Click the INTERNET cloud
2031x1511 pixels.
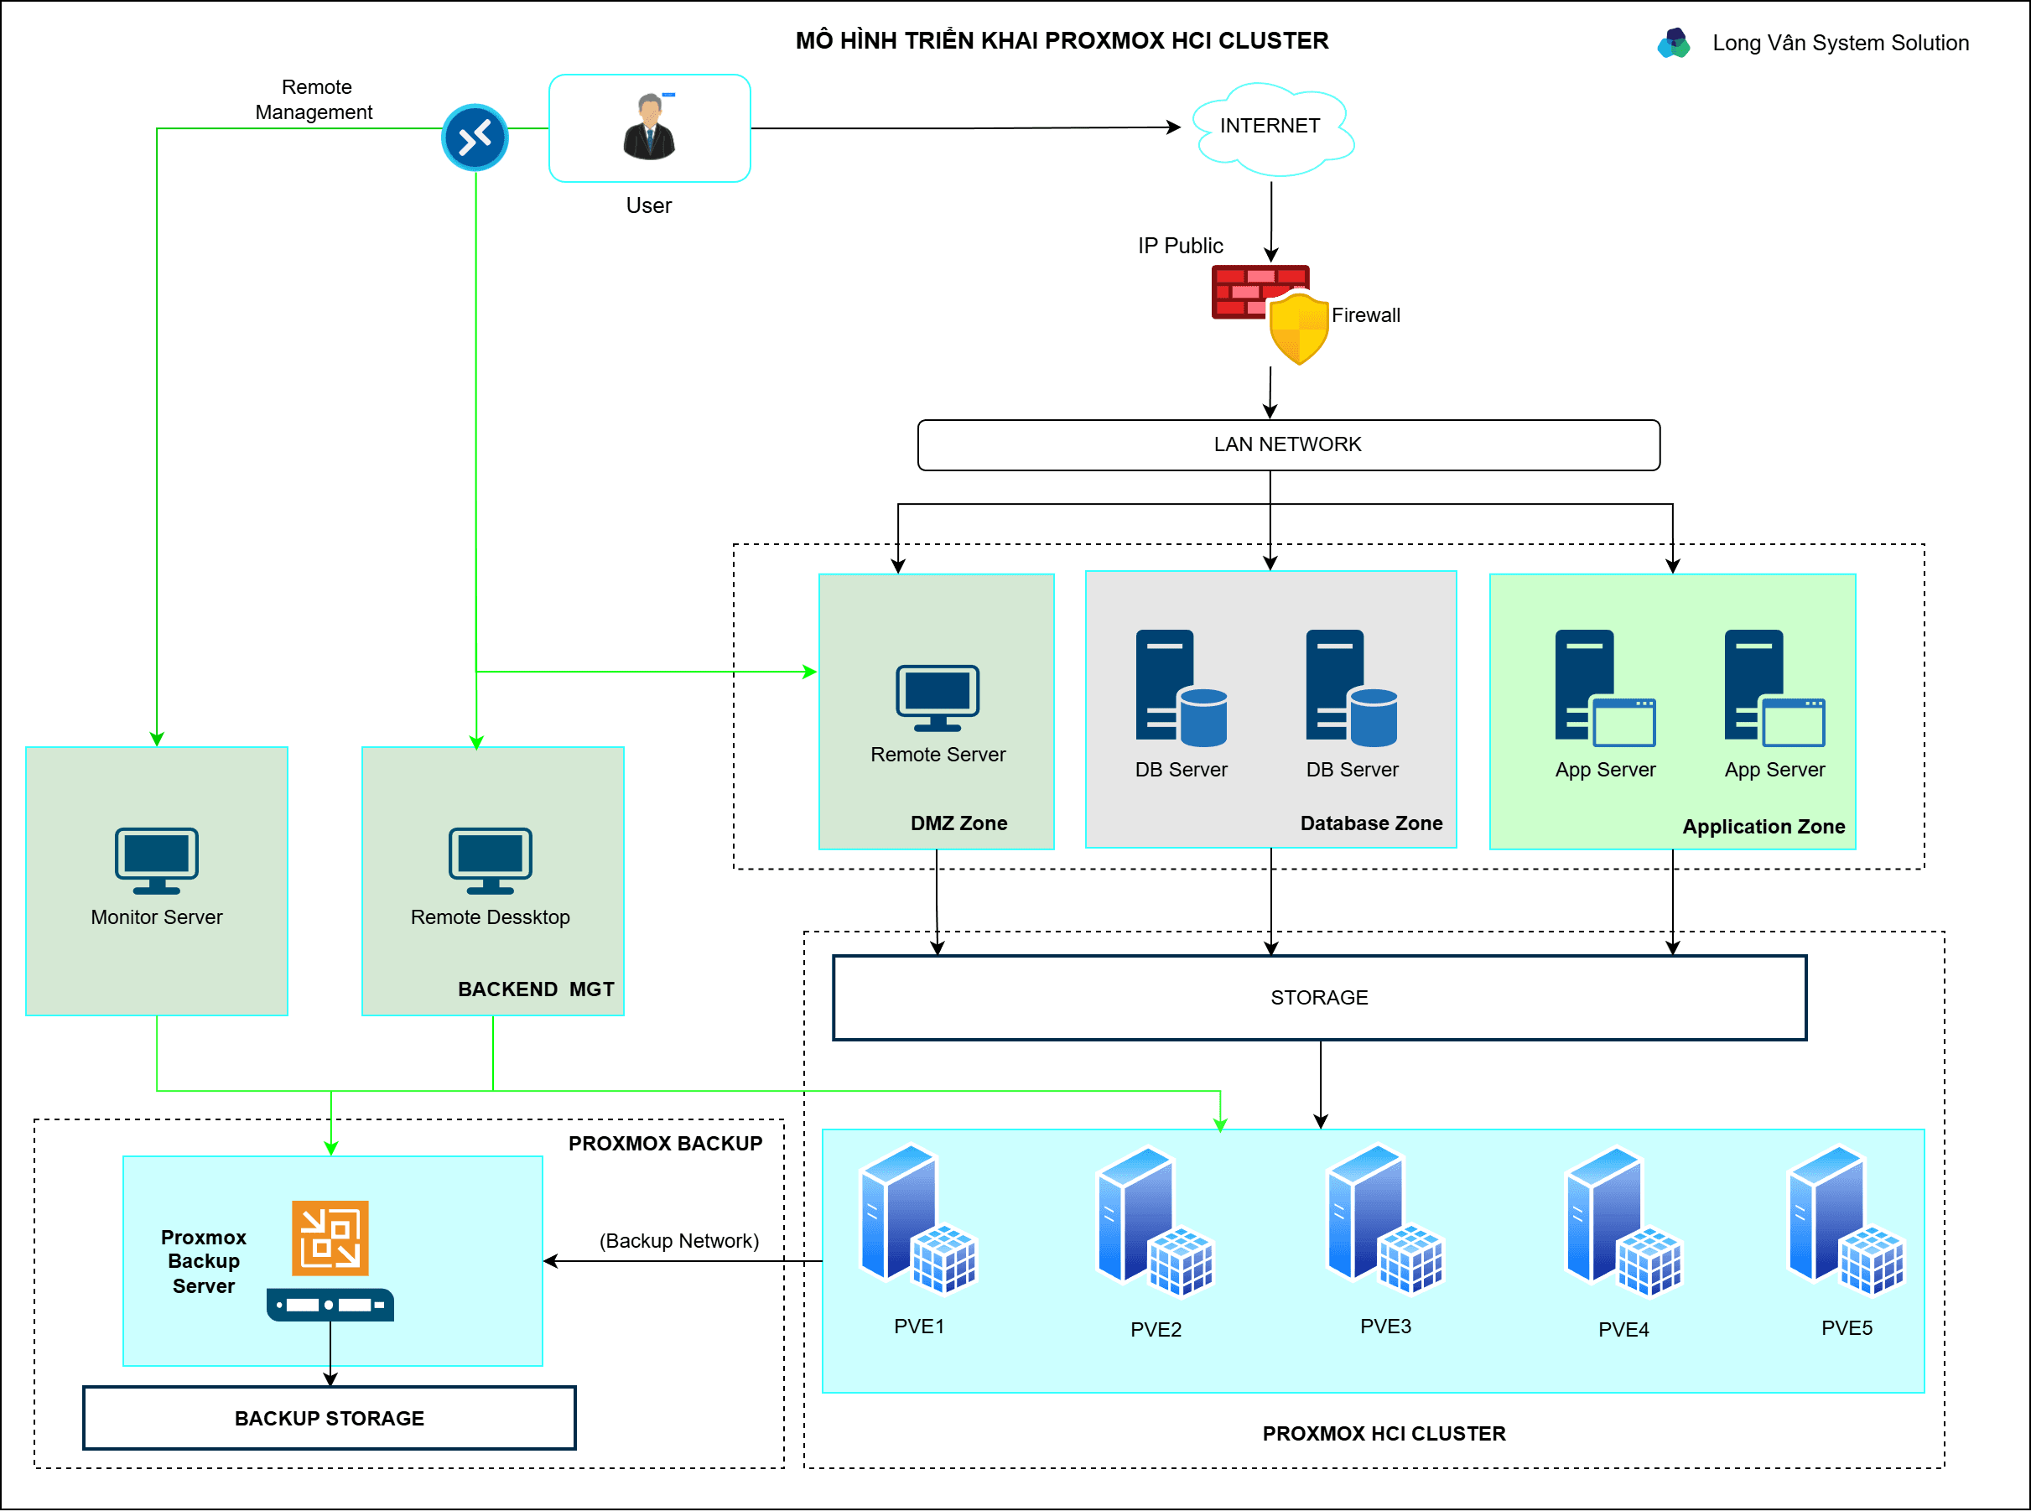pyautogui.click(x=1271, y=128)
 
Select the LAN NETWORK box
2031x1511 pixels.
pyautogui.click(x=1287, y=444)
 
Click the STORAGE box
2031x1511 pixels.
pyautogui.click(x=1319, y=998)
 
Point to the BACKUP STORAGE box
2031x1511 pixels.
pyautogui.click(x=330, y=1419)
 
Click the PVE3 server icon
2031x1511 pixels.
pyautogui.click(x=1384, y=1221)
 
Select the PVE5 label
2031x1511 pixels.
pyautogui.click(x=1847, y=1328)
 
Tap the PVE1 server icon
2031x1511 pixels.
pyautogui.click(x=918, y=1221)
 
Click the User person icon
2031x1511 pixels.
pyautogui.click(x=649, y=128)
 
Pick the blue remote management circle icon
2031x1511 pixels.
pyautogui.click(x=475, y=138)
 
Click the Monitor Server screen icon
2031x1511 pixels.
pyautogui.click(x=156, y=860)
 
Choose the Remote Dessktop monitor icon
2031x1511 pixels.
pyautogui.click(x=491, y=860)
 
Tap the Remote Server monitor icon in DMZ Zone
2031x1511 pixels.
pyautogui.click(x=938, y=698)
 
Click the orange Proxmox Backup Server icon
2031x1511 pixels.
pyautogui.click(x=330, y=1238)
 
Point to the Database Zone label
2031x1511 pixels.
pyautogui.click(x=1371, y=823)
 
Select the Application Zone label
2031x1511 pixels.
pyautogui.click(x=1763, y=827)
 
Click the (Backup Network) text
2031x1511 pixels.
pyautogui.click(x=678, y=1241)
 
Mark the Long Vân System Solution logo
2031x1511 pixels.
pyautogui.click(x=1674, y=43)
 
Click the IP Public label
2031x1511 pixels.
pyautogui.click(x=1180, y=246)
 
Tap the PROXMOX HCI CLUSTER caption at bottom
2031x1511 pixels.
pyautogui.click(x=1384, y=1434)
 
